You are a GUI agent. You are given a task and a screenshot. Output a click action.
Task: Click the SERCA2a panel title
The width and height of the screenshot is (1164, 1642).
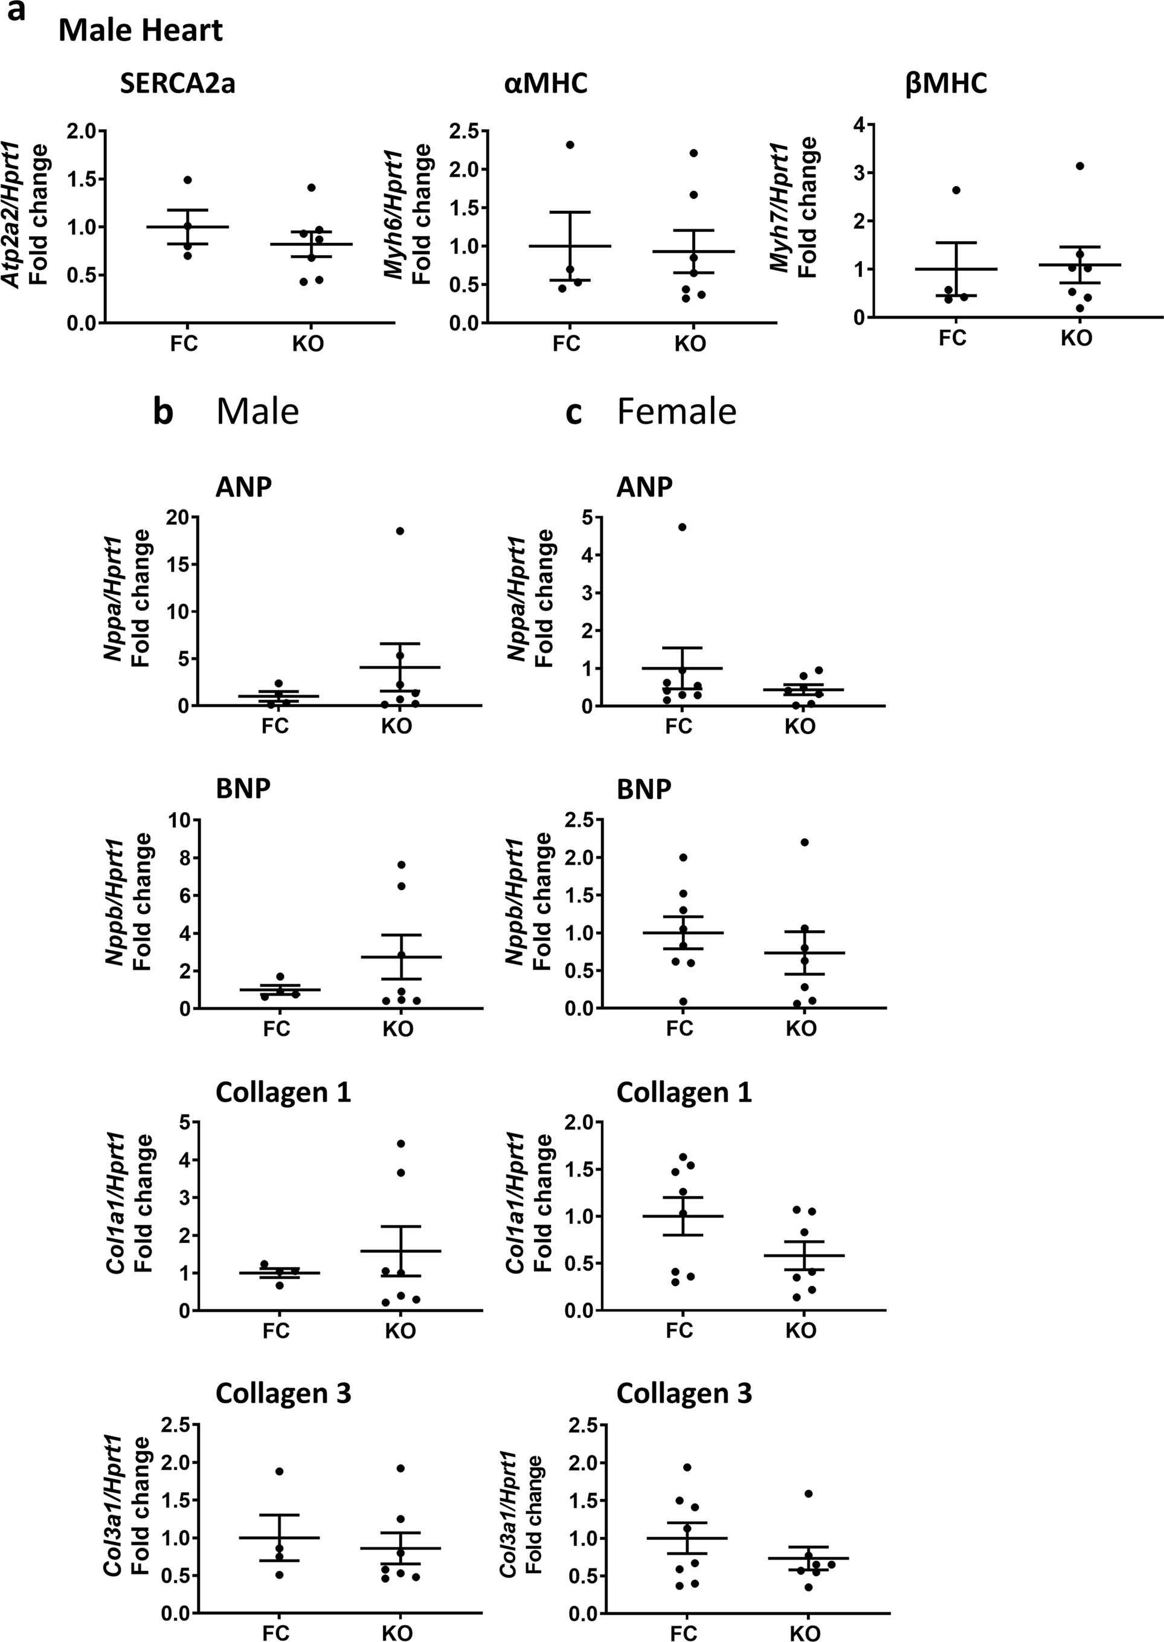point(177,85)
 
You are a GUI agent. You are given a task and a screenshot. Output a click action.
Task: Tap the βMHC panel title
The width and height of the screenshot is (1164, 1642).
point(946,83)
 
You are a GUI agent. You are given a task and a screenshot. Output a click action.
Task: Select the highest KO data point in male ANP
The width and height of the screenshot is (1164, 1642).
point(400,531)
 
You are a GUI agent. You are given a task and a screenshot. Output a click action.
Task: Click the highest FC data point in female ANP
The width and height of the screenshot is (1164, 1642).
point(683,527)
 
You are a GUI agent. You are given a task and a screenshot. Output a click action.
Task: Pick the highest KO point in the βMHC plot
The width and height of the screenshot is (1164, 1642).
point(1080,166)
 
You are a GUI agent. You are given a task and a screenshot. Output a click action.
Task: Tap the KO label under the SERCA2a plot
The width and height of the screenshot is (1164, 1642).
point(307,344)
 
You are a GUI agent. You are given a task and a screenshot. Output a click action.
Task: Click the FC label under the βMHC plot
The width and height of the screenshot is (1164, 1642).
point(953,338)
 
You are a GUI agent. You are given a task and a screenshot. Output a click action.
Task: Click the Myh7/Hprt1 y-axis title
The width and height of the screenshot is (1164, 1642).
point(780,208)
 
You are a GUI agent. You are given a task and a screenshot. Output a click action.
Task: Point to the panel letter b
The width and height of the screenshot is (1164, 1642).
point(164,412)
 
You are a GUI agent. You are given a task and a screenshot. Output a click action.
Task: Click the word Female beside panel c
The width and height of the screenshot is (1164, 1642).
point(676,412)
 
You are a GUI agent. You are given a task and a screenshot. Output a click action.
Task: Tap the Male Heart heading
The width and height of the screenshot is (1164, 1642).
point(141,31)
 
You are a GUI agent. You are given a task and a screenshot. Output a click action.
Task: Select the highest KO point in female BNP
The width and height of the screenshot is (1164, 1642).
point(804,842)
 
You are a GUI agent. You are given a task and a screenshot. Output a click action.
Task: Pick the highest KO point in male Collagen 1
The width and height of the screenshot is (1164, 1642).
point(400,1143)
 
